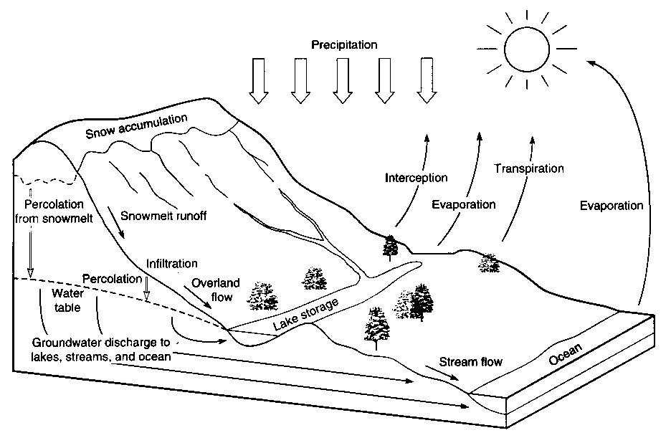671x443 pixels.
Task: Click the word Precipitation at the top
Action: (344, 45)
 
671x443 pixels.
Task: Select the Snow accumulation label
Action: (135, 126)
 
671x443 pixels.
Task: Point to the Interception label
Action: (416, 178)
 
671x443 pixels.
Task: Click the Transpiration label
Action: (529, 169)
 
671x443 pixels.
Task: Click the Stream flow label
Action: (470, 361)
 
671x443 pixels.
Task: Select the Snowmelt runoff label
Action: (163, 216)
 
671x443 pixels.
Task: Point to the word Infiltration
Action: (171, 264)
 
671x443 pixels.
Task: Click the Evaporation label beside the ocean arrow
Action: (611, 206)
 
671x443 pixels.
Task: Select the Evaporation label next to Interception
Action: (463, 204)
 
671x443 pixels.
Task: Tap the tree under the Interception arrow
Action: (391, 247)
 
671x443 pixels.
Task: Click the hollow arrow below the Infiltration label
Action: (148, 289)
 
